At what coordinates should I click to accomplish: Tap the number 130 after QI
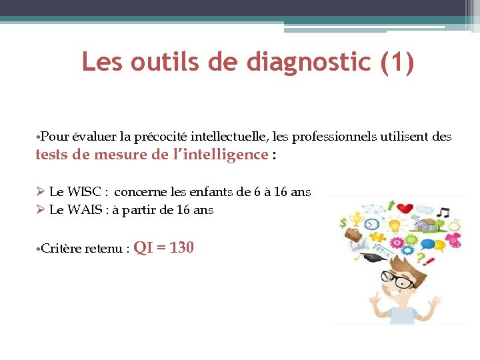point(181,248)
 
